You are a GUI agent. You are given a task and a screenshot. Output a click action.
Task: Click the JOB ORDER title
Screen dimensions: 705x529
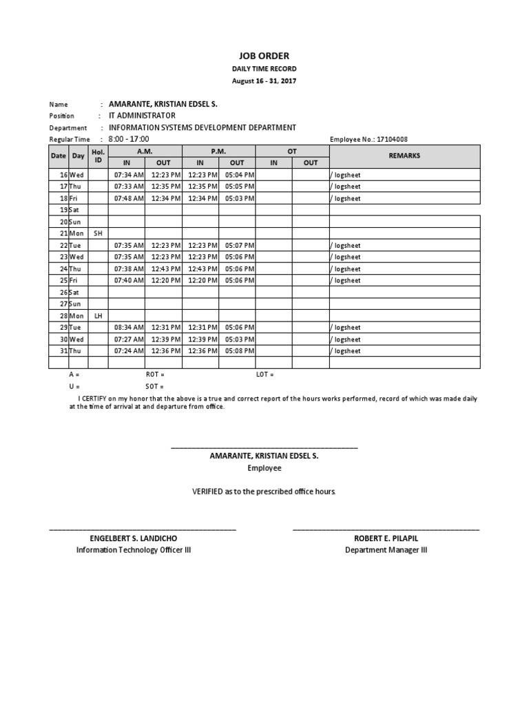coord(264,56)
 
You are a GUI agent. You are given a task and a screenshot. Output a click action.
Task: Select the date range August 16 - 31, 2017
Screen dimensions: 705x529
coord(264,81)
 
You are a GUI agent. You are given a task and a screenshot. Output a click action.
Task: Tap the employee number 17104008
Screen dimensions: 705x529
coord(388,139)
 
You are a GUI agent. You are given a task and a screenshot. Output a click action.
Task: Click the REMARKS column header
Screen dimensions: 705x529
coord(404,156)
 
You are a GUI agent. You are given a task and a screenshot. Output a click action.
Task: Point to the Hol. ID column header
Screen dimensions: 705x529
coord(98,156)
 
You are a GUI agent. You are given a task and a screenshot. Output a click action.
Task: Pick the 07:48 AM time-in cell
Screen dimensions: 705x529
coord(127,198)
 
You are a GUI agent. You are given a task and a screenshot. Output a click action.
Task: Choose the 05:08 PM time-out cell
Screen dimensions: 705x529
coord(237,351)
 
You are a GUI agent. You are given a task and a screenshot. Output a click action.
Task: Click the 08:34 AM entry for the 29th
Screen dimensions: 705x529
coord(127,328)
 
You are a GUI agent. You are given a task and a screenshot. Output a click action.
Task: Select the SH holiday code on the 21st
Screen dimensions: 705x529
coord(98,233)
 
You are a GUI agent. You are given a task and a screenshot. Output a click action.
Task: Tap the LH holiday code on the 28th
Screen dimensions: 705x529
coord(98,316)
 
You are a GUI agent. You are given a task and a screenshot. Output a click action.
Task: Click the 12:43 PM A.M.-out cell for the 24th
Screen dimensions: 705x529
coord(164,269)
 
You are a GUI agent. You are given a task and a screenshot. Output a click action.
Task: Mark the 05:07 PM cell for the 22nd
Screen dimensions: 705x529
coord(237,245)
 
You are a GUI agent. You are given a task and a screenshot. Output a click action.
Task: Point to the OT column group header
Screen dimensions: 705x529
coord(292,151)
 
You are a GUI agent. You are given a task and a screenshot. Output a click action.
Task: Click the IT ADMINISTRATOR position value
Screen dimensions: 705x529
coord(143,116)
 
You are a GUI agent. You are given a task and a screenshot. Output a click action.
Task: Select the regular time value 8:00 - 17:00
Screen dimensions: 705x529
coord(129,139)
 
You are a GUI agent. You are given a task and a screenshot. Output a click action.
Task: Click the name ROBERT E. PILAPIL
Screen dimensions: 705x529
coord(386,538)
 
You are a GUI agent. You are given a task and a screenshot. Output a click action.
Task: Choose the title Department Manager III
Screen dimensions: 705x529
coord(386,550)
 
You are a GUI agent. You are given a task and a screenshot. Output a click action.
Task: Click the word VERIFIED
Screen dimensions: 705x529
coord(207,492)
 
